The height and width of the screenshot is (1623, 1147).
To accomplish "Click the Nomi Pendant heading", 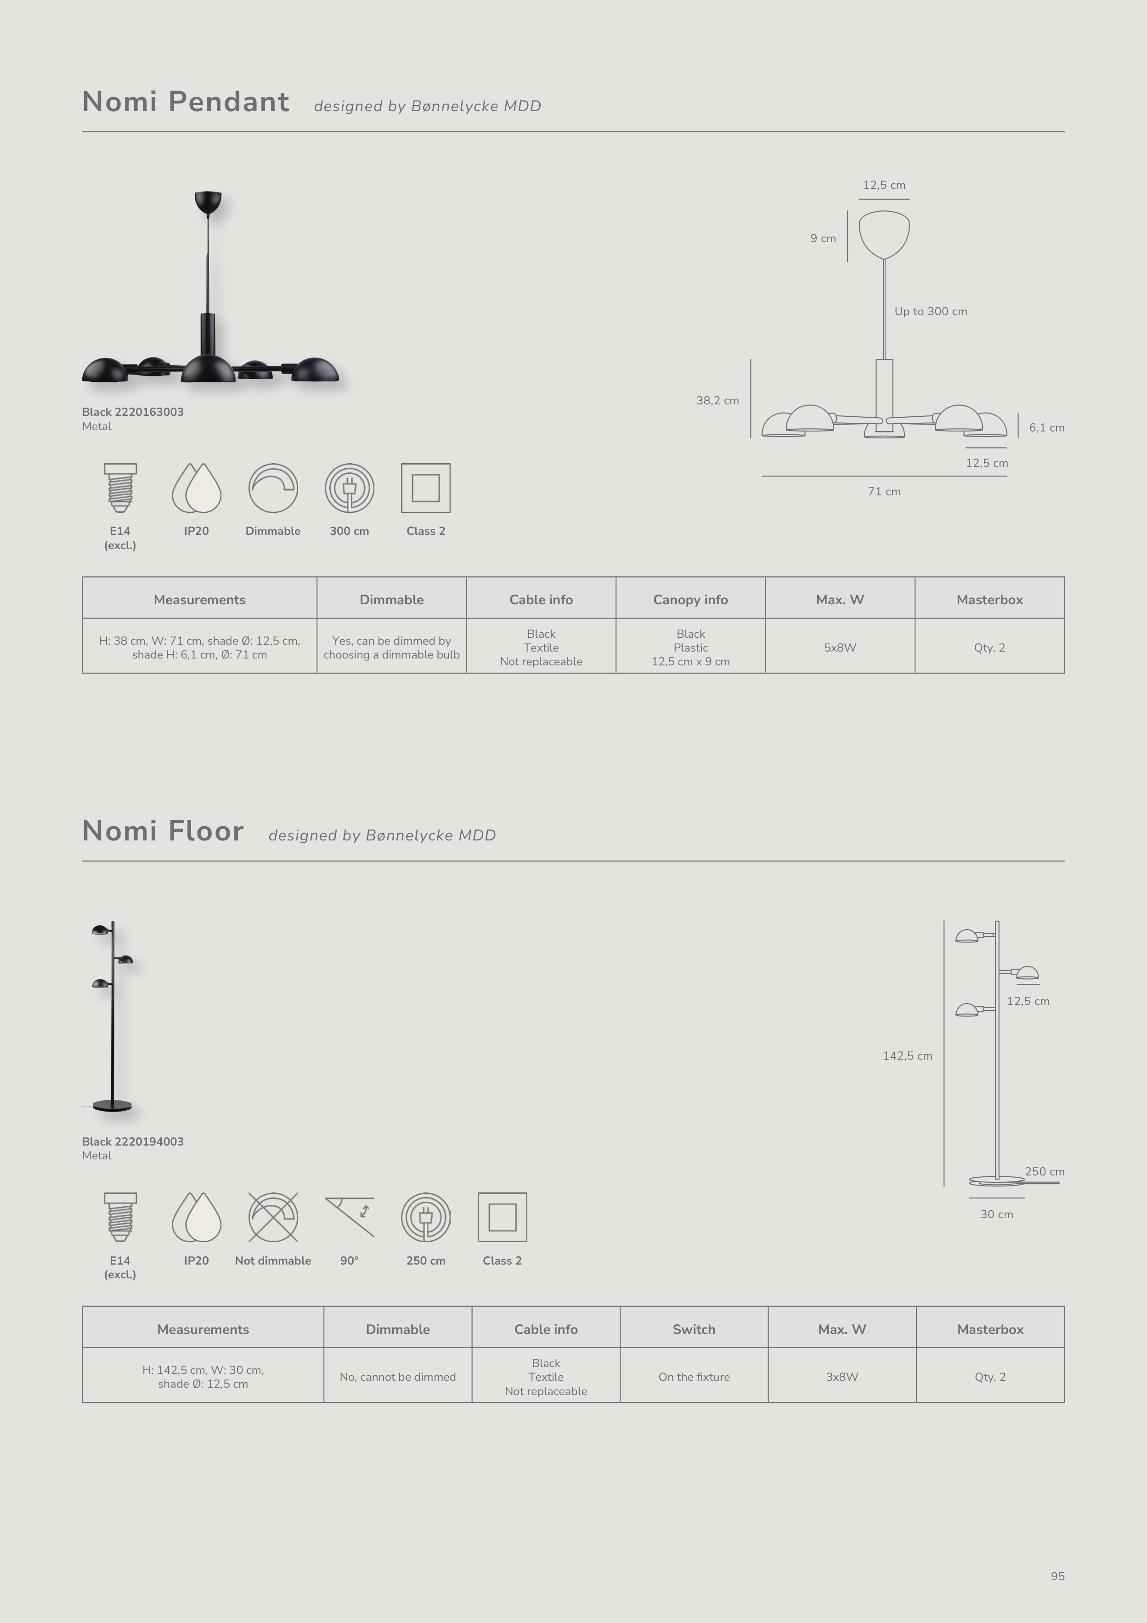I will [185, 102].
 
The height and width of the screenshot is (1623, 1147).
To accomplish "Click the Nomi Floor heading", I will [163, 831].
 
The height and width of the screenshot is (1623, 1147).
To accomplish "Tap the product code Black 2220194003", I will [133, 1141].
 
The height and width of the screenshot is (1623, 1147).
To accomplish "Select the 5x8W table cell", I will [840, 647].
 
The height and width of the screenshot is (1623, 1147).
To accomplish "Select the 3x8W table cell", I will [842, 1377].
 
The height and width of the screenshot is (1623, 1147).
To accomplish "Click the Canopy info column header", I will [690, 600].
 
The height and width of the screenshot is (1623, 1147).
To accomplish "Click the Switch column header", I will [694, 1329].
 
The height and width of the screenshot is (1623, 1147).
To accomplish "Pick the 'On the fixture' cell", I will [694, 1377].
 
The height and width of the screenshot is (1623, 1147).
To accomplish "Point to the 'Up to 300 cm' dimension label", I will [931, 312].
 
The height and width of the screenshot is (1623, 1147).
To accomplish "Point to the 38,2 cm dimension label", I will [718, 401].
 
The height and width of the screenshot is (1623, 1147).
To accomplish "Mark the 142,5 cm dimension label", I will [907, 1056].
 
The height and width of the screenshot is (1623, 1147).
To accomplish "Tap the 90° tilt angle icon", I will [350, 1216].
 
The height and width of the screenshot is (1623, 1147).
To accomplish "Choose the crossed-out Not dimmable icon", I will [273, 1216].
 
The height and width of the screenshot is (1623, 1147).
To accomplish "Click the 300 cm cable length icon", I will [349, 488].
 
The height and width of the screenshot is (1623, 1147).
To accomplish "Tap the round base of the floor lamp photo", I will [113, 1106].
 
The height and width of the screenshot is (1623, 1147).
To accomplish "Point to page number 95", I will [1057, 1576].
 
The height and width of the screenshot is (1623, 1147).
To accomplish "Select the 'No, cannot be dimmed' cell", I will [397, 1377].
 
